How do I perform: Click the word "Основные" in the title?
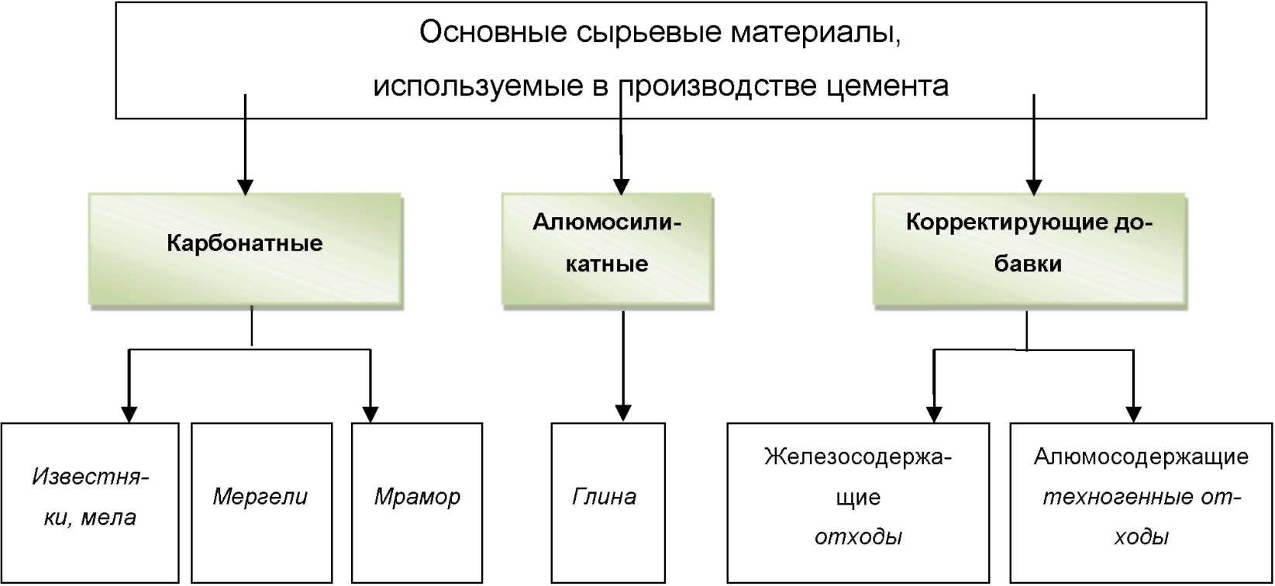point(493,32)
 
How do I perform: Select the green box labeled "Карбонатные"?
point(246,250)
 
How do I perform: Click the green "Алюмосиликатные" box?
point(608,250)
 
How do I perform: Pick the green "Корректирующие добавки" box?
point(1029,250)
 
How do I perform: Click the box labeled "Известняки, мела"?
point(90,503)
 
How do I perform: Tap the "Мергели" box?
point(262,503)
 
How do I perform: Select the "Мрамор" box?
point(417,503)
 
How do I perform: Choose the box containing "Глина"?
point(608,503)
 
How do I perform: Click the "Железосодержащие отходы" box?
point(858,503)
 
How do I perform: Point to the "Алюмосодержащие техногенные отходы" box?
point(1141,503)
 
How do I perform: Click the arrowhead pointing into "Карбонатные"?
point(246,188)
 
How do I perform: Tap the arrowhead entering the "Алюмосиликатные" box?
point(622,188)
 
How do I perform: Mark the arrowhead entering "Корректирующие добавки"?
point(1034,188)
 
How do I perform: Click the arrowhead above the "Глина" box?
point(623,413)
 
